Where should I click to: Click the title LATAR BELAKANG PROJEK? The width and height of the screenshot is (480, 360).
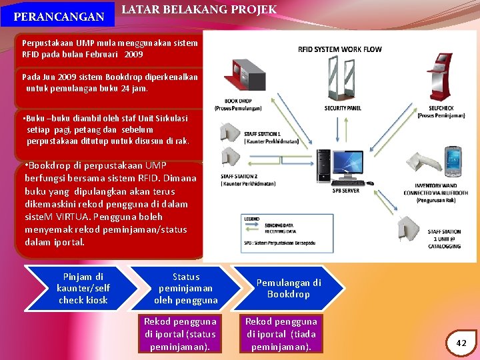[199, 9]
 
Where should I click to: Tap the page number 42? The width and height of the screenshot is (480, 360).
[461, 342]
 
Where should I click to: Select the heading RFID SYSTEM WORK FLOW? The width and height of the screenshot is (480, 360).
[339, 49]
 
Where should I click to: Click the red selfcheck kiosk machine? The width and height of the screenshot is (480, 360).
[441, 77]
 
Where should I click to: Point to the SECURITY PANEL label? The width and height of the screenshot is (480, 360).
[343, 108]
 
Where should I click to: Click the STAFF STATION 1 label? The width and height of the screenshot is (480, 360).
[262, 134]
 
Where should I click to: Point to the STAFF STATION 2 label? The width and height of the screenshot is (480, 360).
[239, 177]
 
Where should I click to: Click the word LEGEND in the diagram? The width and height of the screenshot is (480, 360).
[251, 219]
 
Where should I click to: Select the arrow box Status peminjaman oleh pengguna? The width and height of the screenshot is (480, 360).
[185, 288]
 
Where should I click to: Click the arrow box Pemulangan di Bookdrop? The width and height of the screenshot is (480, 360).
[288, 288]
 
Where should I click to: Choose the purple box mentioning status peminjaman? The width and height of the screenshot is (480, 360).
[180, 334]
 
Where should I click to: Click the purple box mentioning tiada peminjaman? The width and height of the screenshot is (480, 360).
[281, 334]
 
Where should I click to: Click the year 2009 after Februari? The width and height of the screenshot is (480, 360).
[133, 54]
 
